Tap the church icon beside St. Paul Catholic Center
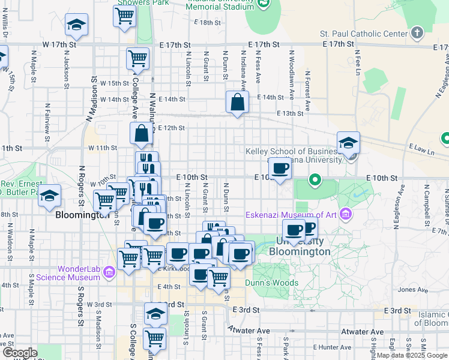coord(417,32)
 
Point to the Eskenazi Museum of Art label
coord(291,215)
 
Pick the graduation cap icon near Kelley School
coord(348,143)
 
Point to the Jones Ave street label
coord(411,289)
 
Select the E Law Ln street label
coord(422,148)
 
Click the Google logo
coord(20,353)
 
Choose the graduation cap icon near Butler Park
coord(50,196)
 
